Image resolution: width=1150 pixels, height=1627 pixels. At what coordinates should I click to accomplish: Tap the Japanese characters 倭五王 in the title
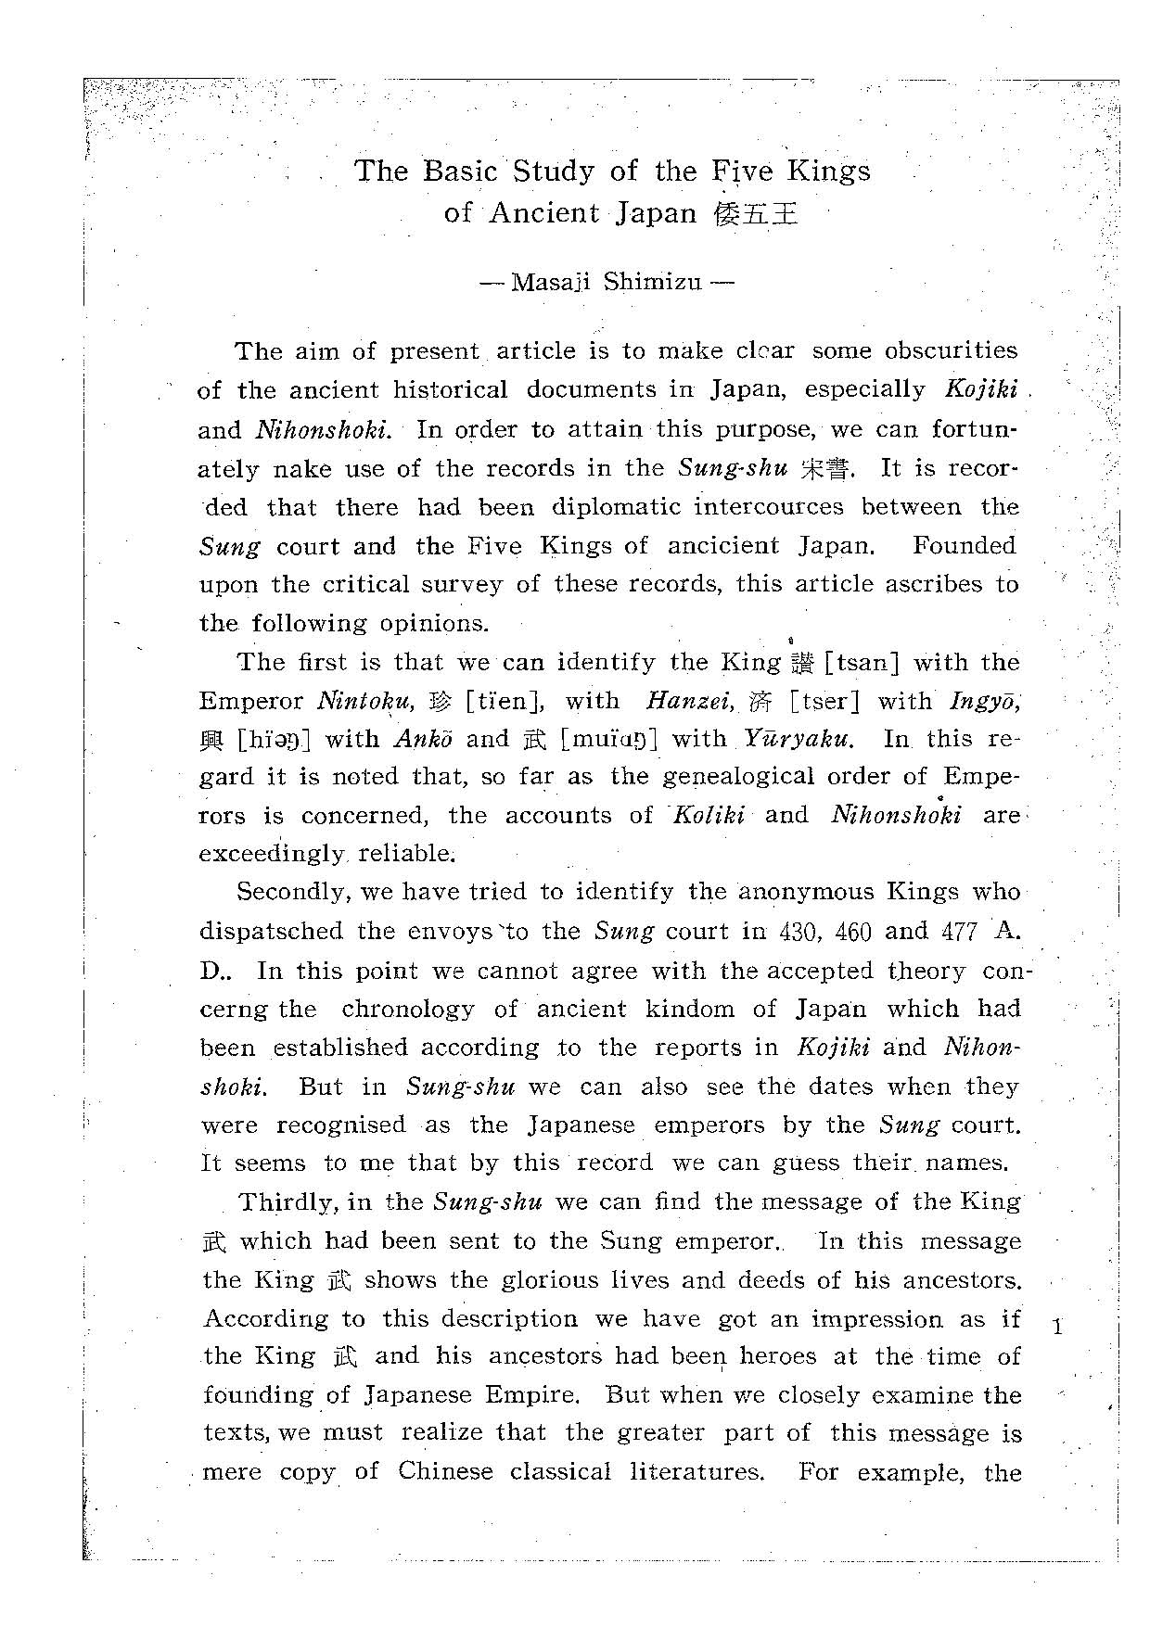(755, 214)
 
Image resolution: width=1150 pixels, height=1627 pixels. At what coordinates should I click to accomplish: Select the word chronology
(407, 1009)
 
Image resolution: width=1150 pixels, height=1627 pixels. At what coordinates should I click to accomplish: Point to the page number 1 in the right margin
(1057, 1327)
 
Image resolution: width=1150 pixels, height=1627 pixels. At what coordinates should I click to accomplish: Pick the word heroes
(778, 1356)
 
